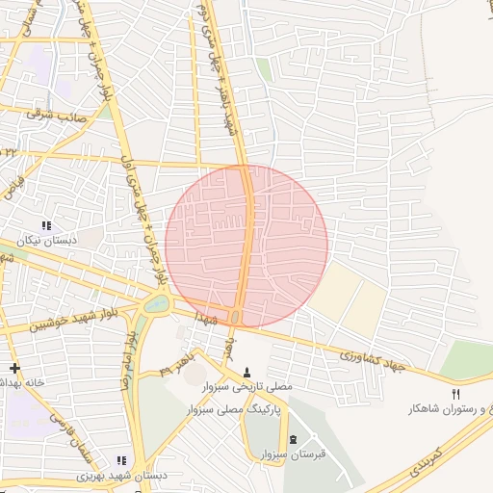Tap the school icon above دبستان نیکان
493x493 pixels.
46,225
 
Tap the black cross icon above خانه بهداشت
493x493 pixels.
14,368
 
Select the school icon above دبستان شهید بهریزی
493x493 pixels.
121,461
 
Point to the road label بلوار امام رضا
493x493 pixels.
127,358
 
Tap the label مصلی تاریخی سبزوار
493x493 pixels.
246,385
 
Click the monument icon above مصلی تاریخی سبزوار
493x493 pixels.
246,372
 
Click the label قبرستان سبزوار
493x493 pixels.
294,453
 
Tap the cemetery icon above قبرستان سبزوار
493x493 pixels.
294,439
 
